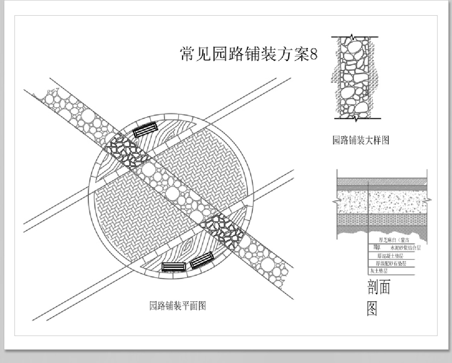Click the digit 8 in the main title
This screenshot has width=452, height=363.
[x=313, y=54]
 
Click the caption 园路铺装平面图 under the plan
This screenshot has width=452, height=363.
[x=178, y=306]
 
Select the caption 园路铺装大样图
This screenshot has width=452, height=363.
[x=361, y=140]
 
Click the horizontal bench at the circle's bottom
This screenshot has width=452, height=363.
[x=173, y=267]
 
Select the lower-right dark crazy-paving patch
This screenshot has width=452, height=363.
[x=222, y=230]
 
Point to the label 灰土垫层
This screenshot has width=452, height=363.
[x=379, y=271]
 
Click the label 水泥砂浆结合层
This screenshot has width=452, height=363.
[x=405, y=248]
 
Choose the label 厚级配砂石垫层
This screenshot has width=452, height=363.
[x=391, y=263]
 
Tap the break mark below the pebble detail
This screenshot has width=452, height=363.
[x=356, y=118]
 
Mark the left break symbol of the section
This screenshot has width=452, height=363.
[x=335, y=201]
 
